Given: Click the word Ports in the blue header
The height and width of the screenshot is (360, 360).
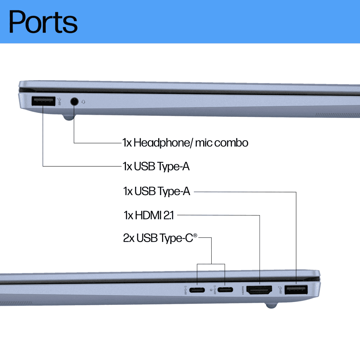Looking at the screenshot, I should [43, 22].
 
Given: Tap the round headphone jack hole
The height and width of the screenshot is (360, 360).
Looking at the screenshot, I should [74, 101].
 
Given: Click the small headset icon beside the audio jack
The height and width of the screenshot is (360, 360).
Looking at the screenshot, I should [83, 102].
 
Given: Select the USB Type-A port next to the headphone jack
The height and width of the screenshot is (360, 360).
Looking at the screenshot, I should [43, 101].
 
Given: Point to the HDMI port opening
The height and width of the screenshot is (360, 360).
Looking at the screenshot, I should [260, 290].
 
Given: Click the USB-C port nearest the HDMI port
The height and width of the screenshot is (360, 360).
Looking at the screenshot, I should [225, 290].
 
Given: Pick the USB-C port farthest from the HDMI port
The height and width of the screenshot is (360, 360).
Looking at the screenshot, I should [197, 290].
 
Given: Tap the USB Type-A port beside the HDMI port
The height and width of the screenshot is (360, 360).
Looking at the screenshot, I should [296, 290].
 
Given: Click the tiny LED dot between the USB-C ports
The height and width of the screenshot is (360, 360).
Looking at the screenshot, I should [211, 290].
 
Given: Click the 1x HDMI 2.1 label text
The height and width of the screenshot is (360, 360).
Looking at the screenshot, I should [149, 215].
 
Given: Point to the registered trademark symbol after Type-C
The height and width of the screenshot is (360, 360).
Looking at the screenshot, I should [195, 236].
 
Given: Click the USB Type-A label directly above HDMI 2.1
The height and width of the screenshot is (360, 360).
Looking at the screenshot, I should [156, 192].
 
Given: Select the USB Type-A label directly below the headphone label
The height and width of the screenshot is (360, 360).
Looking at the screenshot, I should [156, 166].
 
